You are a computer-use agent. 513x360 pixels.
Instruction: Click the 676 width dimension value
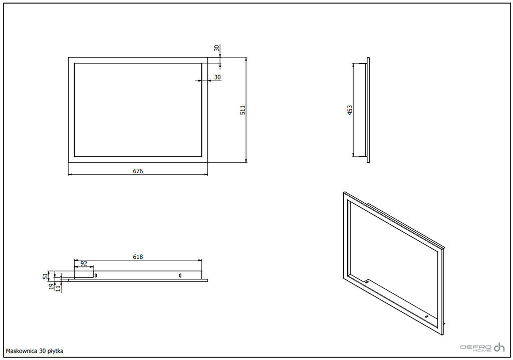(x=138, y=171)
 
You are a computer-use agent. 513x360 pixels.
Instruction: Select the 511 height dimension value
(x=243, y=110)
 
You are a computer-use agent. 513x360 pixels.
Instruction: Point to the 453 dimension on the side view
(x=350, y=110)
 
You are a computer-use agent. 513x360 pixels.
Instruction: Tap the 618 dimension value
(x=138, y=257)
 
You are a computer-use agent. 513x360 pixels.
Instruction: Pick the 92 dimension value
(x=84, y=263)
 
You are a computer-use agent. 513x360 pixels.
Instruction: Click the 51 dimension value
(x=46, y=276)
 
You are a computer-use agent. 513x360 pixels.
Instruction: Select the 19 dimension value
(x=52, y=286)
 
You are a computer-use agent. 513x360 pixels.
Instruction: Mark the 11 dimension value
(x=58, y=288)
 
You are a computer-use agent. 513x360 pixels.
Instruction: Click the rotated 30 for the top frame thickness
(x=216, y=48)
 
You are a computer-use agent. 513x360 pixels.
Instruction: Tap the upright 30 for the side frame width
(x=217, y=77)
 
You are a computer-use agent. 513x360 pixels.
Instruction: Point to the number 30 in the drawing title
(x=43, y=351)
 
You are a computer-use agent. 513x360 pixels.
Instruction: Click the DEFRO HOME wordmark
(x=476, y=348)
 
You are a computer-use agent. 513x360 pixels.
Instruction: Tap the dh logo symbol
(x=499, y=347)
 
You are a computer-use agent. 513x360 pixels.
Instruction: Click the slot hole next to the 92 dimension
(x=96, y=276)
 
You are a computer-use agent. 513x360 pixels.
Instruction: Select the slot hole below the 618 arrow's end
(x=180, y=276)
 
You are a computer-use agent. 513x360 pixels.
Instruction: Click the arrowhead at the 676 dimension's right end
(x=205, y=175)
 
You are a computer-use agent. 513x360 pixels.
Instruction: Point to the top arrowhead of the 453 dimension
(x=353, y=66)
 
